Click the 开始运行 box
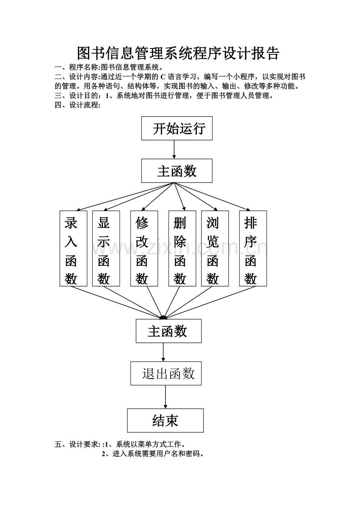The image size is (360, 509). [177, 128]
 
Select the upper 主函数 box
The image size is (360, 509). [177, 171]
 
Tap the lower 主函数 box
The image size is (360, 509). [169, 331]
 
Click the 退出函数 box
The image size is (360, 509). [166, 373]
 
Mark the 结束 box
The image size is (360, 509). [166, 421]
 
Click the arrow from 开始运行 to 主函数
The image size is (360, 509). [174, 149]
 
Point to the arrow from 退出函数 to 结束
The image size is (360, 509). [166, 397]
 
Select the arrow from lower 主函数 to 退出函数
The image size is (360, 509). [163, 352]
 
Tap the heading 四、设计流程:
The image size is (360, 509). [77, 105]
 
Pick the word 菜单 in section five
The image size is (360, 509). [144, 444]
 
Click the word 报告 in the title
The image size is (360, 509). [266, 53]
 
